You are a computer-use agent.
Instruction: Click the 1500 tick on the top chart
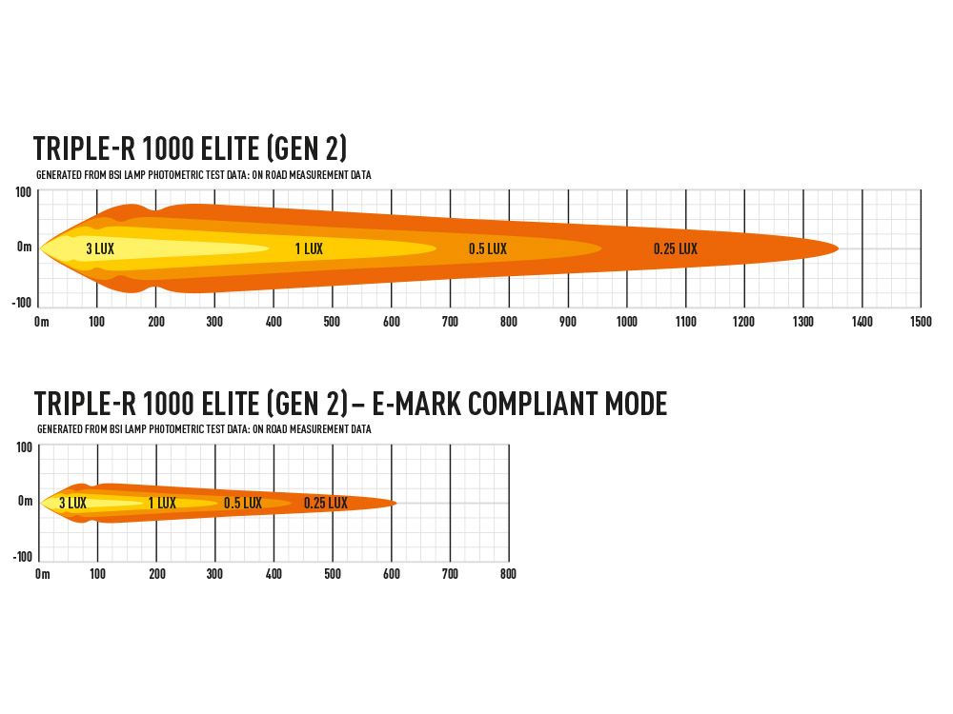920,322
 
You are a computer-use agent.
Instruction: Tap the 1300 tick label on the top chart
803,322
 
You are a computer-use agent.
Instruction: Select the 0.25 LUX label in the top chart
676,249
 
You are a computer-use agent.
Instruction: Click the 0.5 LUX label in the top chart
488,249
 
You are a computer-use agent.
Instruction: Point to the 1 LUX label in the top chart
309,249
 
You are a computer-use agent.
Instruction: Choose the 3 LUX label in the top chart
100,249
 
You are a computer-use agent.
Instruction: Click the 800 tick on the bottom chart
508,574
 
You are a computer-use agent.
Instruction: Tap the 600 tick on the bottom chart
391,574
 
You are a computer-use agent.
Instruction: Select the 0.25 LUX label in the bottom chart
326,503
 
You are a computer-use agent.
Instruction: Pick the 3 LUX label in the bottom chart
72,503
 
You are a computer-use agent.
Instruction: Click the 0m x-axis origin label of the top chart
41,322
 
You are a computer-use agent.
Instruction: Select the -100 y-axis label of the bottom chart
22,556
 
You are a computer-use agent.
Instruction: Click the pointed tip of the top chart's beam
838,248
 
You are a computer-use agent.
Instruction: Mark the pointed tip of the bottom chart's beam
396,503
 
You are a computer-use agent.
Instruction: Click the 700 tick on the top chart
450,322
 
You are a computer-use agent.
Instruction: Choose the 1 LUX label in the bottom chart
162,503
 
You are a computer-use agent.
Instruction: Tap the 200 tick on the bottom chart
157,574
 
